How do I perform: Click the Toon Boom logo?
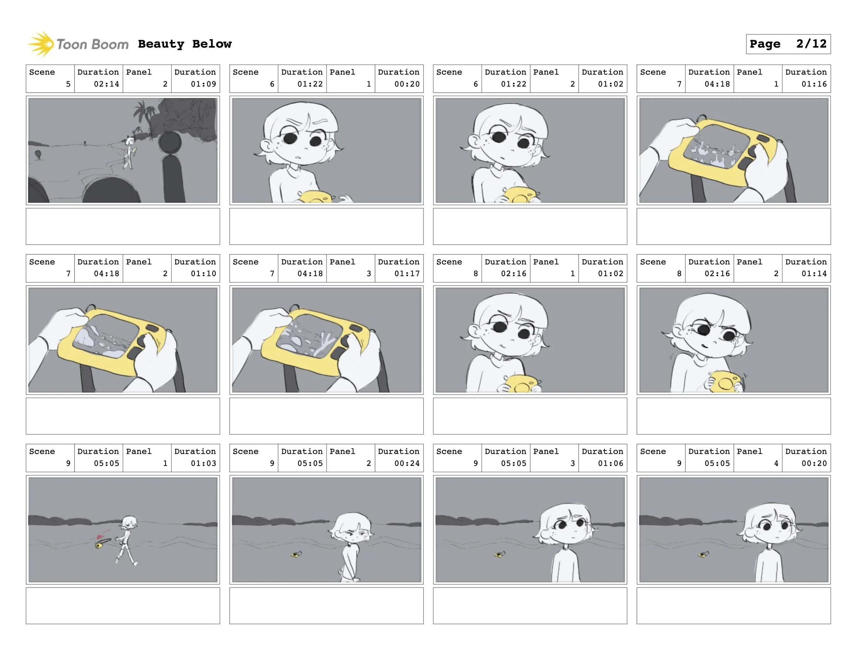78,44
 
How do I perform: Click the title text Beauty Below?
185,44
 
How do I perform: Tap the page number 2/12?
811,44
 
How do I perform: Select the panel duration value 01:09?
203,84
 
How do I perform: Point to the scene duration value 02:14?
106,84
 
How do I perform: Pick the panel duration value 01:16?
814,84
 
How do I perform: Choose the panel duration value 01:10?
203,274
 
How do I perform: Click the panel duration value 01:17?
407,274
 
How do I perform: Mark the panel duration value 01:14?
814,274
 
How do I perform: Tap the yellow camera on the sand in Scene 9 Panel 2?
296,554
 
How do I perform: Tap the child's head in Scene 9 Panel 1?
129,522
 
